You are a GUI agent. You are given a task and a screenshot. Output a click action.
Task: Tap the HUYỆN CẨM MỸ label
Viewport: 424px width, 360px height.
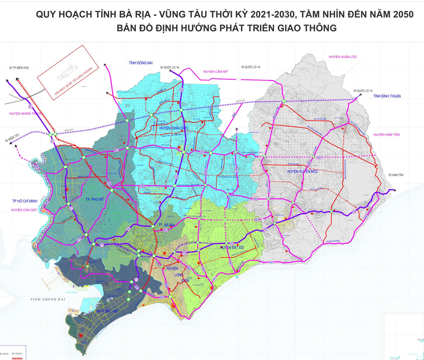216,72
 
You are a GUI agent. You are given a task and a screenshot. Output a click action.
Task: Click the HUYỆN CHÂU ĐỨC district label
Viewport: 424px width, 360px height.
172,128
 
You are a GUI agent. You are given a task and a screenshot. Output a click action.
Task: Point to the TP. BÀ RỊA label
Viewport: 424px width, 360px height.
167,225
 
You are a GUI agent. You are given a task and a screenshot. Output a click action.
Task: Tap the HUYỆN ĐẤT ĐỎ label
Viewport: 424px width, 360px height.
233,248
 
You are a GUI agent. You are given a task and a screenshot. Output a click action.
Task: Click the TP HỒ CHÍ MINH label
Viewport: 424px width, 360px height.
19,200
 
